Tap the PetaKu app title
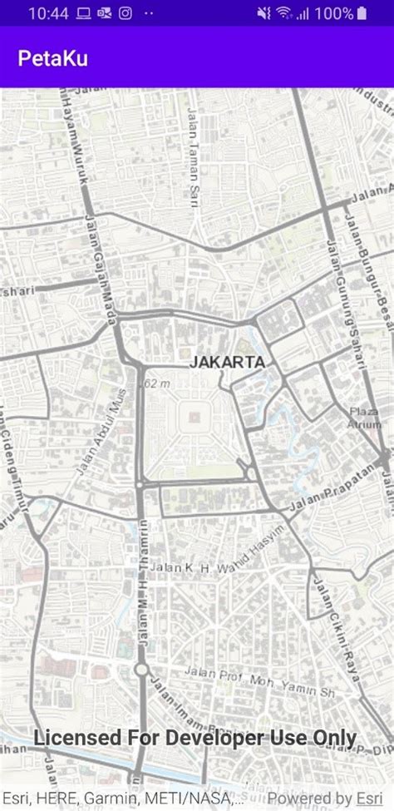53,58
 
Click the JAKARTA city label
227,363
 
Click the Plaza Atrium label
363,417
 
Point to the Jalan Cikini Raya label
340,631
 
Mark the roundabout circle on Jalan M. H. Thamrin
140,670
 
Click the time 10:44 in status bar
47,13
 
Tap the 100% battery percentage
334,13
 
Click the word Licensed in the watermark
76,738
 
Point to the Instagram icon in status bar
125,13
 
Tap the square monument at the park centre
194,415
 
